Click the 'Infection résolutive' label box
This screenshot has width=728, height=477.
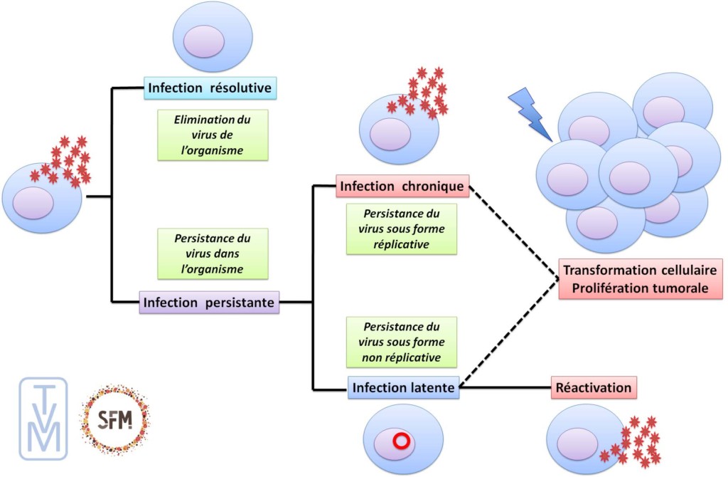coord(210,88)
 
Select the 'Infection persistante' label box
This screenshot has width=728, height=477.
coord(210,302)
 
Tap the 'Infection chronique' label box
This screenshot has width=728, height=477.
coord(403,187)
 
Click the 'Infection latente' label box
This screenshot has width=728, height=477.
coord(403,388)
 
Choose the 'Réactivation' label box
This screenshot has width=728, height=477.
coord(594,388)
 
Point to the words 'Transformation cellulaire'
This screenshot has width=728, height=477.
coord(640,271)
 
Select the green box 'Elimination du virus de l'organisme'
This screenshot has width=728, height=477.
coord(213,134)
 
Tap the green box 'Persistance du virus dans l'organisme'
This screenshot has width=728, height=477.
coord(213,253)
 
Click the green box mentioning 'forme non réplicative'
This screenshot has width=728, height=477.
coord(400,342)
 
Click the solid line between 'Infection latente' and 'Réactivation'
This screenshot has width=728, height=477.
coord(505,388)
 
